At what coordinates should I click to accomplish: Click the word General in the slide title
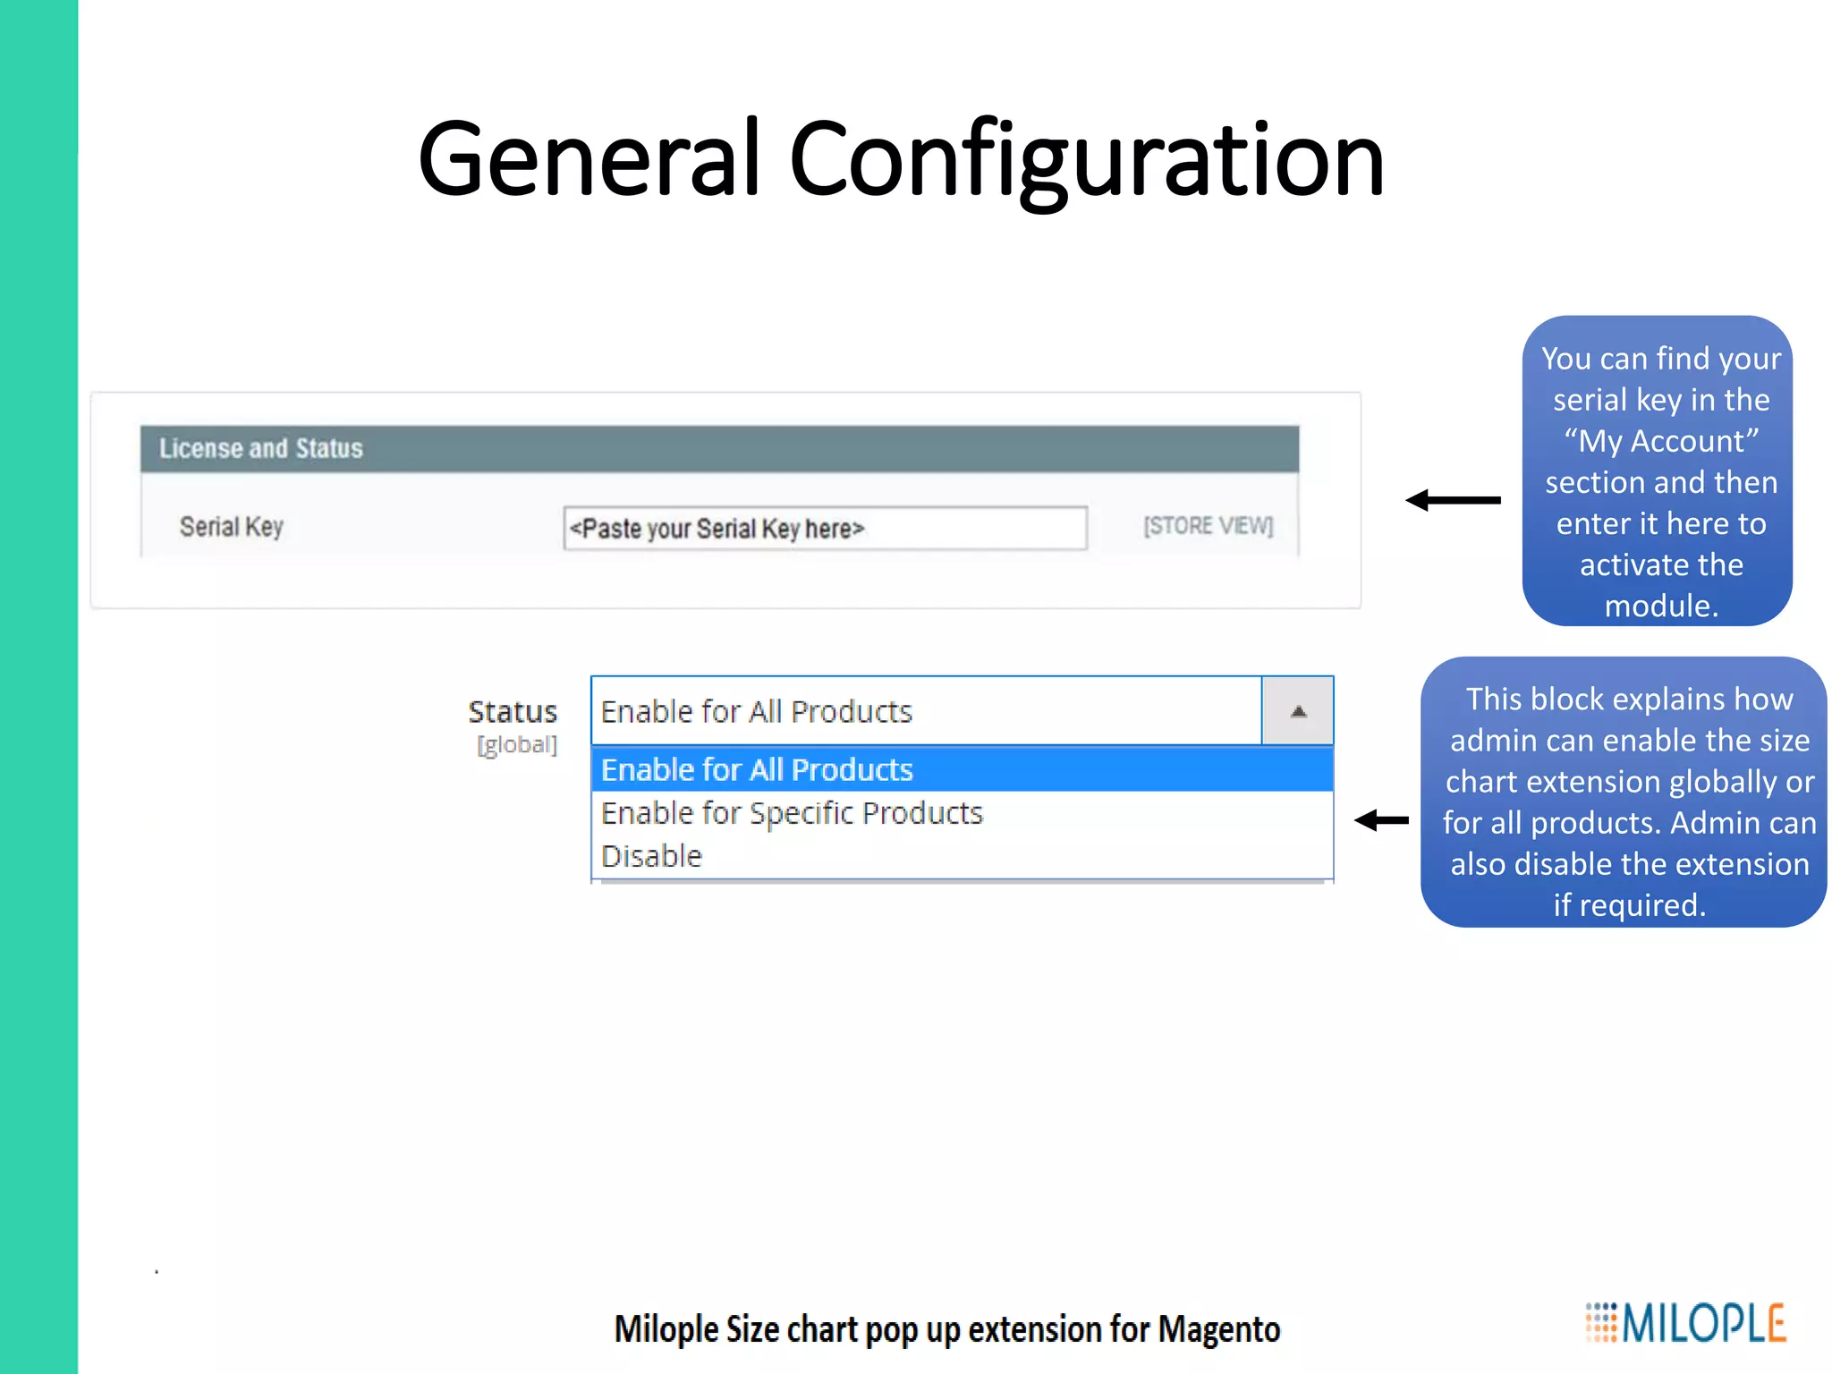coord(589,161)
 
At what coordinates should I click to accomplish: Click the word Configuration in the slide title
coord(1086,161)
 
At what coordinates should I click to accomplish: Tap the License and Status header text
coord(261,448)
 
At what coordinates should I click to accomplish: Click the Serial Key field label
coord(232,527)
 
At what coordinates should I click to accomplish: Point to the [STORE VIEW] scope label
coord(1208,526)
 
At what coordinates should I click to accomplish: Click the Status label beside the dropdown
coord(513,712)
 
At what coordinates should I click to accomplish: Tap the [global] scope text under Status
coord(517,745)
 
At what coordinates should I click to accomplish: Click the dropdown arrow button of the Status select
coord(1298,711)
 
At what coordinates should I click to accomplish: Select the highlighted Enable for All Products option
coord(757,770)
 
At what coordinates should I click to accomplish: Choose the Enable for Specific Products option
coord(792,813)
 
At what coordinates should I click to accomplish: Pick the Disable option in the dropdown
coord(651,856)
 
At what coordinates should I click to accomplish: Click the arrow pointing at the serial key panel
coord(1453,500)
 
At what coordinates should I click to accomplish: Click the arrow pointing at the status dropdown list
coord(1381,820)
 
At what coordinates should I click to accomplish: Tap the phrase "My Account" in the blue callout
coord(1661,441)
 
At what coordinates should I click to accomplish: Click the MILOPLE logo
coord(1686,1323)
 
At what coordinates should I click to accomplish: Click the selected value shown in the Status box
coord(757,712)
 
